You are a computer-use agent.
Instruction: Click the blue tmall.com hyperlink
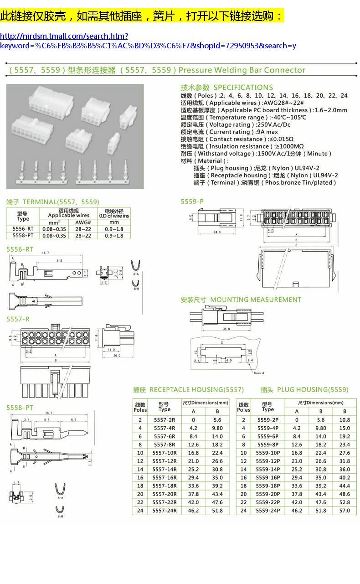click(x=148, y=41)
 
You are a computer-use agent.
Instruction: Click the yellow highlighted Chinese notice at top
click(x=142, y=16)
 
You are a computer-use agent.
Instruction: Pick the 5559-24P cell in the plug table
click(x=268, y=511)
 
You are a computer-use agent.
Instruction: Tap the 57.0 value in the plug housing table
click(x=345, y=511)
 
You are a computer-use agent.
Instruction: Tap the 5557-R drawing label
click(x=18, y=319)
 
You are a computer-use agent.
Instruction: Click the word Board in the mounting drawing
click(x=259, y=373)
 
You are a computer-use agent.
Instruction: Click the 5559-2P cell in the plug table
click(x=268, y=420)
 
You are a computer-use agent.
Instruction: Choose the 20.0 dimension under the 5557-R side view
click(x=117, y=356)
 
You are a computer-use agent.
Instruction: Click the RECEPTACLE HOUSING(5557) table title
click(x=188, y=389)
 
